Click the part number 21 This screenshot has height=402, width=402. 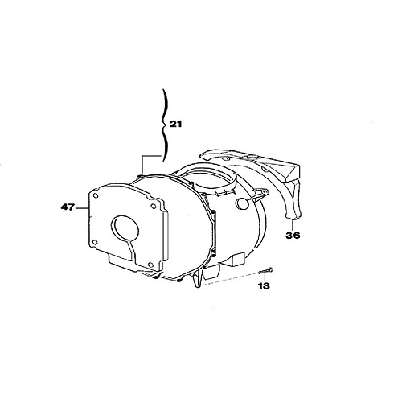pyautogui.click(x=175, y=124)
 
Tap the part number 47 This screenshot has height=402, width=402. pyautogui.click(x=68, y=207)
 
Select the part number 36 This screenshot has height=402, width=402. pyautogui.click(x=293, y=236)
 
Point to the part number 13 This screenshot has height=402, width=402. pyautogui.click(x=264, y=286)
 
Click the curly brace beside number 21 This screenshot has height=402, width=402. pyautogui.click(x=164, y=125)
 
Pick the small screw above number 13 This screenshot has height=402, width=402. pyautogui.click(x=266, y=271)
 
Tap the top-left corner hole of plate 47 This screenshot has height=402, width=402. pyautogui.click(x=95, y=196)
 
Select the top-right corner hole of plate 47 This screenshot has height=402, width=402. pyautogui.click(x=154, y=207)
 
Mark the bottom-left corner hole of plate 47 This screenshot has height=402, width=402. pyautogui.click(x=94, y=243)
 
